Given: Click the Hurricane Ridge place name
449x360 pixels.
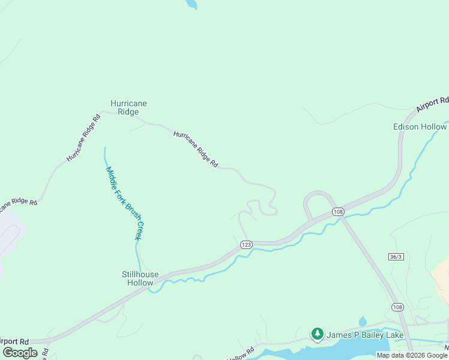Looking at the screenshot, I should (128, 107).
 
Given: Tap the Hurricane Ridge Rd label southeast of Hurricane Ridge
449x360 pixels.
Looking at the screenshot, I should (196, 149).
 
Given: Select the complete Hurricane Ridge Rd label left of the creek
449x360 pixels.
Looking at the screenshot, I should (83, 137).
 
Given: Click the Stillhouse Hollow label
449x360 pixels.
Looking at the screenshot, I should (140, 278).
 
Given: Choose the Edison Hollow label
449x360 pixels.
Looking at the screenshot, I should (420, 127).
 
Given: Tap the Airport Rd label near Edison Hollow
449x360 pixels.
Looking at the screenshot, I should (432, 104).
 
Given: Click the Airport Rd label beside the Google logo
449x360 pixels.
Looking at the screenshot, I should (15, 341).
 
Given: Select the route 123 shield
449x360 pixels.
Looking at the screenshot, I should (246, 244).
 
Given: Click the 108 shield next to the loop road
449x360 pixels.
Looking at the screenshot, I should (338, 212).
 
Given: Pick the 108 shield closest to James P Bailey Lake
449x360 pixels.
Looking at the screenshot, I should (397, 307).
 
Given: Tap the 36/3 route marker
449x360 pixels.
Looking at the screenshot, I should (395, 256).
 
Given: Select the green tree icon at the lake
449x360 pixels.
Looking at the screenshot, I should (317, 334).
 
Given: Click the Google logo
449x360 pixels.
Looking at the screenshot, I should (20, 353).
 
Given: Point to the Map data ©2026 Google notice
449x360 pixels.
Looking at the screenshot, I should (412, 355).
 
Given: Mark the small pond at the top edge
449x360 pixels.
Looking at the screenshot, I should (191, 4).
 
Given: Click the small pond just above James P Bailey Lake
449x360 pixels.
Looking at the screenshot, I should (363, 322).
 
